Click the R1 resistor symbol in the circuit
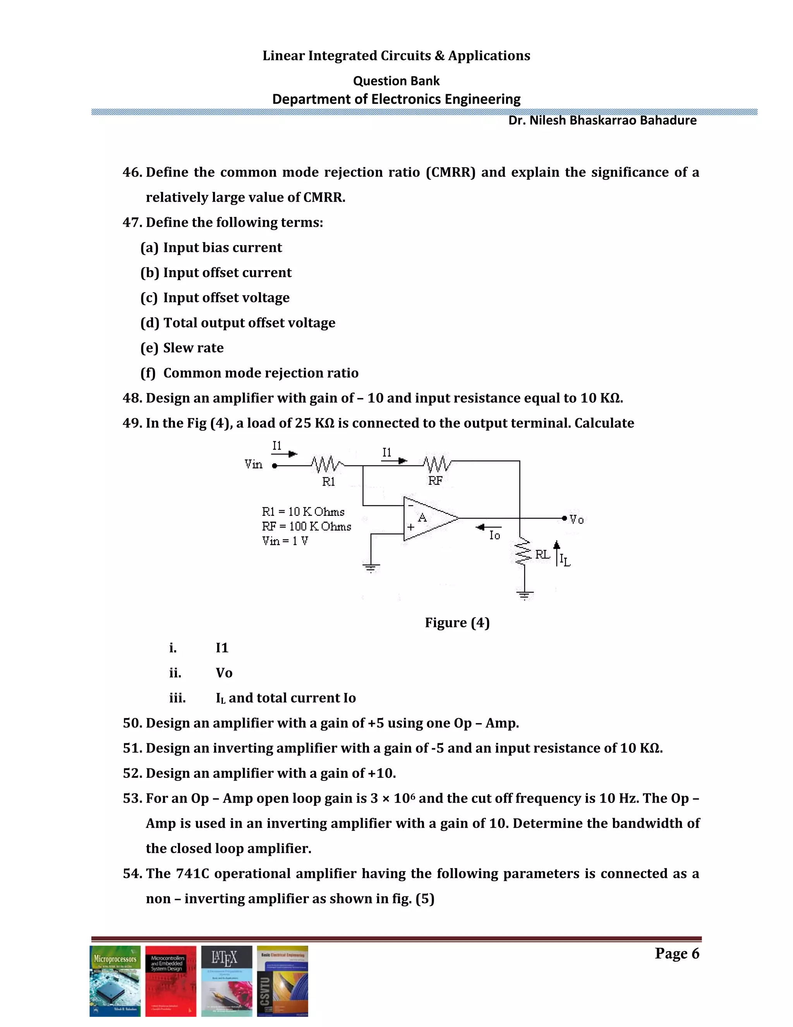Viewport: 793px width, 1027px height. coord(327,465)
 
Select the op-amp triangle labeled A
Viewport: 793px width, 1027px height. coord(427,519)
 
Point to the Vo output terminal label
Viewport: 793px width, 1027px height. coord(577,520)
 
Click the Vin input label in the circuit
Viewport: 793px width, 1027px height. coord(254,465)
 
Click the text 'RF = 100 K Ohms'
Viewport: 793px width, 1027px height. coord(306,526)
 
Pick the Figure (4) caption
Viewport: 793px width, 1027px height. coord(457,623)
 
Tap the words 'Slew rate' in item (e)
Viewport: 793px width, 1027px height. coord(193,348)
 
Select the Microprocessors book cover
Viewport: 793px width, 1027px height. coord(115,981)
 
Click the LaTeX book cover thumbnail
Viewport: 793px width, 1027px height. coord(227,981)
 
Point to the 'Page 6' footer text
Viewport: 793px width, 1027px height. coord(676,954)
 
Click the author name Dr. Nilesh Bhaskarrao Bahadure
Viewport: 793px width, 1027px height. coord(602,121)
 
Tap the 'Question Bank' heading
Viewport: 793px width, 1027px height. coord(396,81)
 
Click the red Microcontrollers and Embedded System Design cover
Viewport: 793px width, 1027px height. coord(170,981)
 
